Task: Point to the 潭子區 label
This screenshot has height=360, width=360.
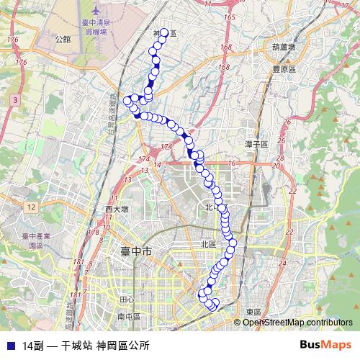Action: click(256, 145)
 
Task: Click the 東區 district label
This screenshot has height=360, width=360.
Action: click(253, 311)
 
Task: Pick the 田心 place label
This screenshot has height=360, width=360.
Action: click(127, 300)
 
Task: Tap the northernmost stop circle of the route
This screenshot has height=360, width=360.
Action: click(164, 32)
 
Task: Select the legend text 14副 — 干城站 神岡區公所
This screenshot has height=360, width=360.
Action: click(86, 346)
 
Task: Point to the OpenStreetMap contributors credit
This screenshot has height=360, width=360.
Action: click(297, 322)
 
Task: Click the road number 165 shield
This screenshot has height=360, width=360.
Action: click(230, 17)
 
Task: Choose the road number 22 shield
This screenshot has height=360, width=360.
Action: click(292, 191)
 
